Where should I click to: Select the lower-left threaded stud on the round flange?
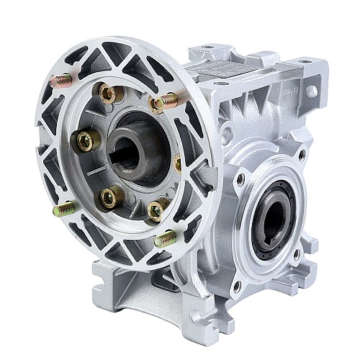click(63, 210)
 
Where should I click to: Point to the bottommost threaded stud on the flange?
click(166, 238)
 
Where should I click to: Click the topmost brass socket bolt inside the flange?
click(109, 94)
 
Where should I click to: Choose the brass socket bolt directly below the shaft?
click(110, 195)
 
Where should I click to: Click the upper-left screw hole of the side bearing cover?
click(239, 177)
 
